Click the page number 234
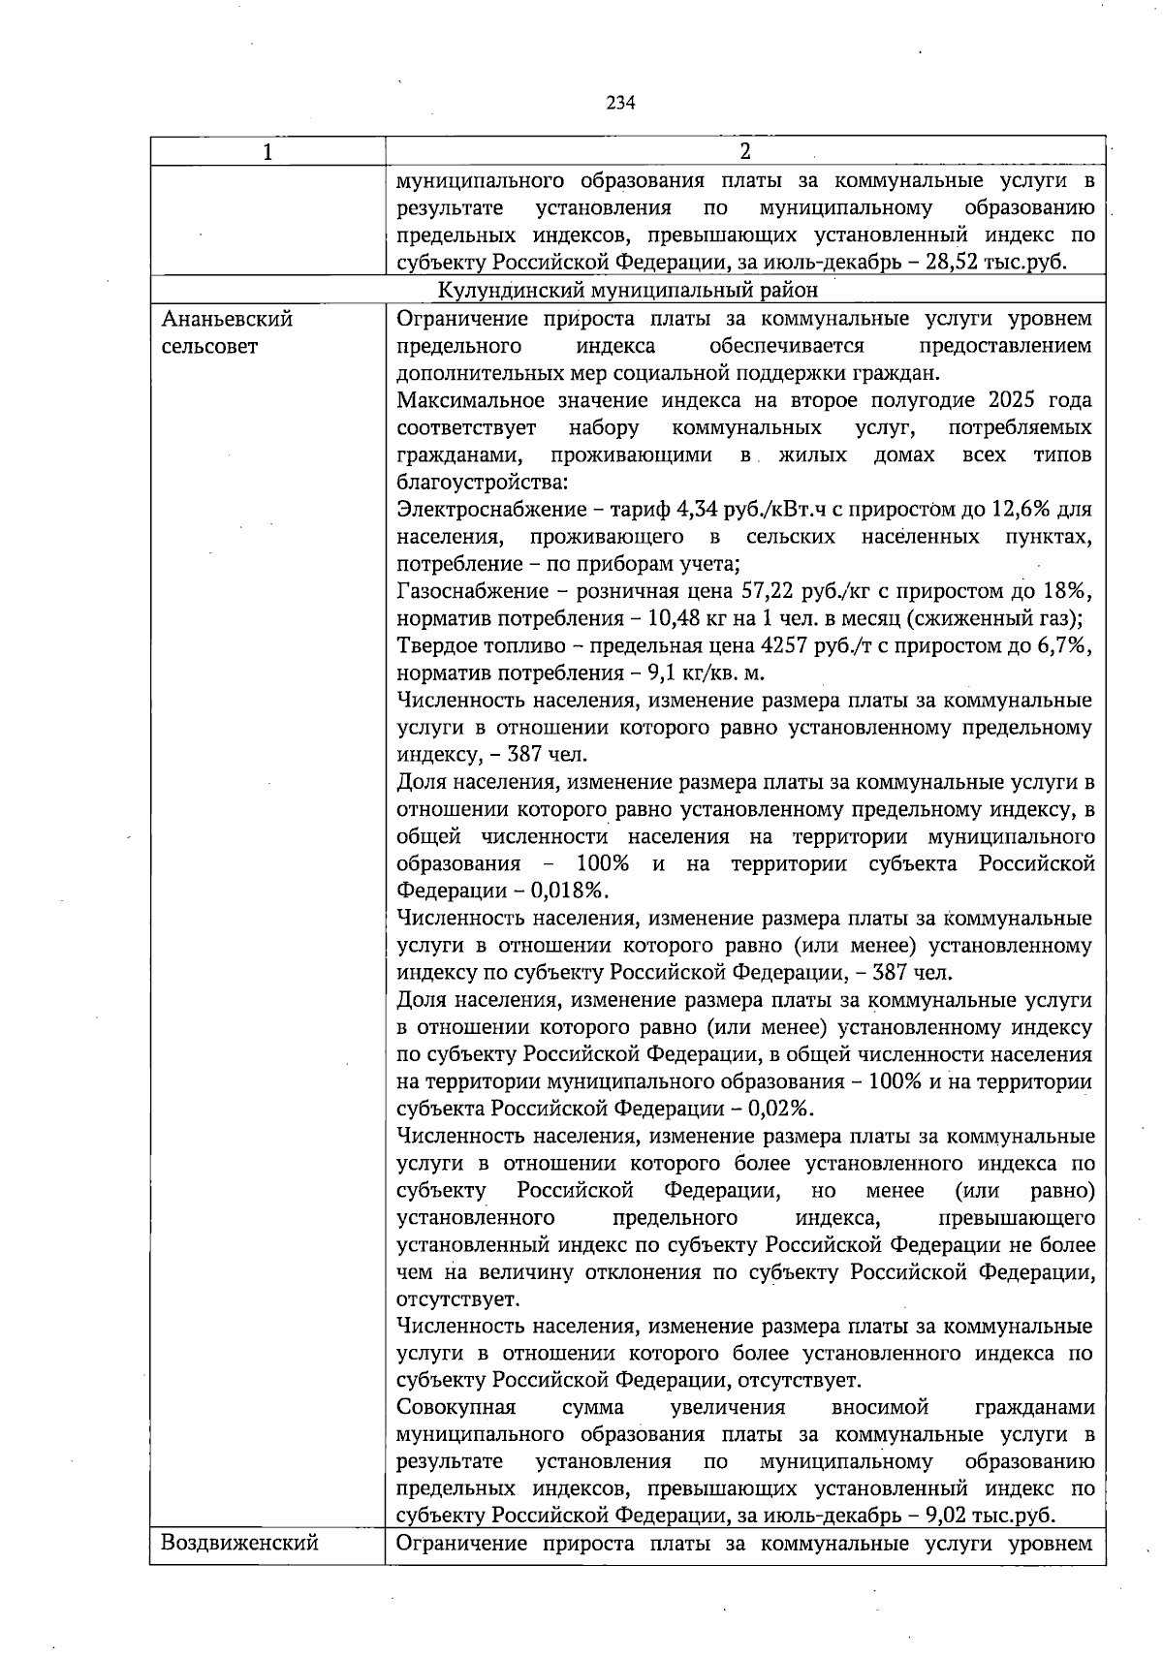click(x=620, y=103)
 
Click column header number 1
click(x=267, y=152)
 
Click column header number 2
click(x=744, y=151)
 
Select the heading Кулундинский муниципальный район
click(x=628, y=290)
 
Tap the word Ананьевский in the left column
click(x=227, y=319)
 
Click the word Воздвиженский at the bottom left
click(x=239, y=1543)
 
